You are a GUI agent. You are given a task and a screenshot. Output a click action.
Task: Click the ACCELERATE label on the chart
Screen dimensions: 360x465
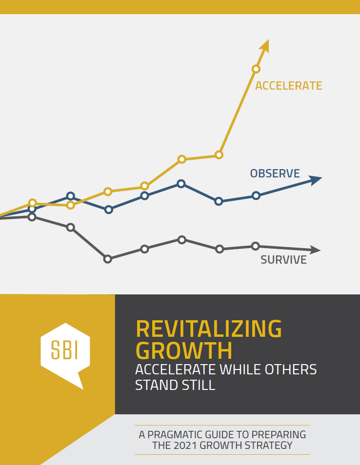point(288,86)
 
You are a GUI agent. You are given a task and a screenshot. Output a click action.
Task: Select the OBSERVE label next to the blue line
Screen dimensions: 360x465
point(275,174)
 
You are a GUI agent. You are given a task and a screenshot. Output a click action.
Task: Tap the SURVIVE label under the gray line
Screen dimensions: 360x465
point(283,260)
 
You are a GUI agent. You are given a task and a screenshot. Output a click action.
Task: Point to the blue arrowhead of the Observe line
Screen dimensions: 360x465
point(315,180)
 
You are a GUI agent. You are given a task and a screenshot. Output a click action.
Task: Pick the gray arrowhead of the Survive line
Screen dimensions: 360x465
point(315,250)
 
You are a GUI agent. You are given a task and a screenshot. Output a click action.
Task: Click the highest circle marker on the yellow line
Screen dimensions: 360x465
point(256,69)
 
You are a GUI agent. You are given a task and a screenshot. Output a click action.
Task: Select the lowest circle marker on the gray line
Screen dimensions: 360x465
point(108,259)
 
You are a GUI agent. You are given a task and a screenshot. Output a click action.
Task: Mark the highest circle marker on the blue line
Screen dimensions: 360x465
point(181,184)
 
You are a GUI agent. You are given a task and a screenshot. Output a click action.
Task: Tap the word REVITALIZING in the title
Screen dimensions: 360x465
point(209,329)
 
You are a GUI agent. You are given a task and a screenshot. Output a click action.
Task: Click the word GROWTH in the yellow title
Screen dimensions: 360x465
point(184,351)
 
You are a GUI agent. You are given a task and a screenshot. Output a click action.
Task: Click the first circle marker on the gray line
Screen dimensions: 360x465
point(32,217)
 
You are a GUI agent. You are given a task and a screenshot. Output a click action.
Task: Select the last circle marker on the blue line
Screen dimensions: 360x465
point(256,195)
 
